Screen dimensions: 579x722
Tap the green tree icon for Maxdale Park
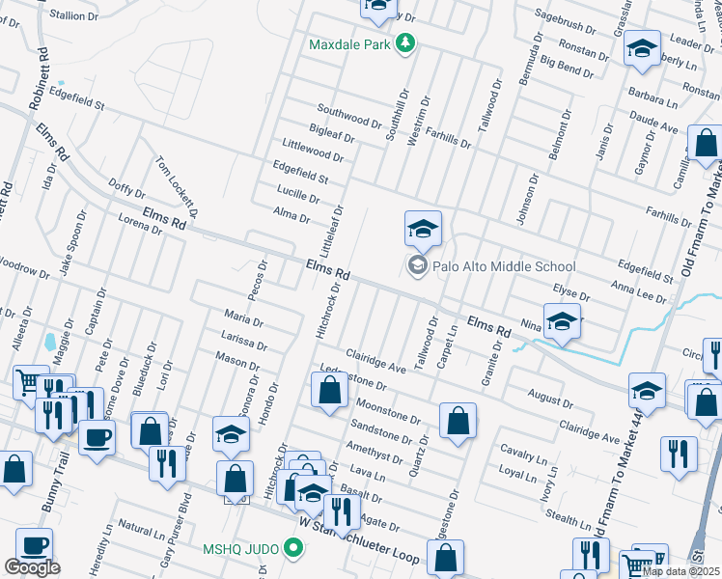tap(406, 44)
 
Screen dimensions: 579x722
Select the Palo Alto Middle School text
tap(504, 266)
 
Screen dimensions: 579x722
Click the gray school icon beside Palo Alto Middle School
tap(418, 266)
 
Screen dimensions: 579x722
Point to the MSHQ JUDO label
tap(241, 550)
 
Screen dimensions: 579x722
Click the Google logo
tap(32, 567)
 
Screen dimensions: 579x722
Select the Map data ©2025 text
tap(681, 571)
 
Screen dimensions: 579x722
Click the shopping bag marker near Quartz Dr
tap(458, 421)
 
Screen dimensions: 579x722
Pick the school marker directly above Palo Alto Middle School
tap(423, 230)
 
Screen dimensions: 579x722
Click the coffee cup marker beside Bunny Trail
tap(97, 435)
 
